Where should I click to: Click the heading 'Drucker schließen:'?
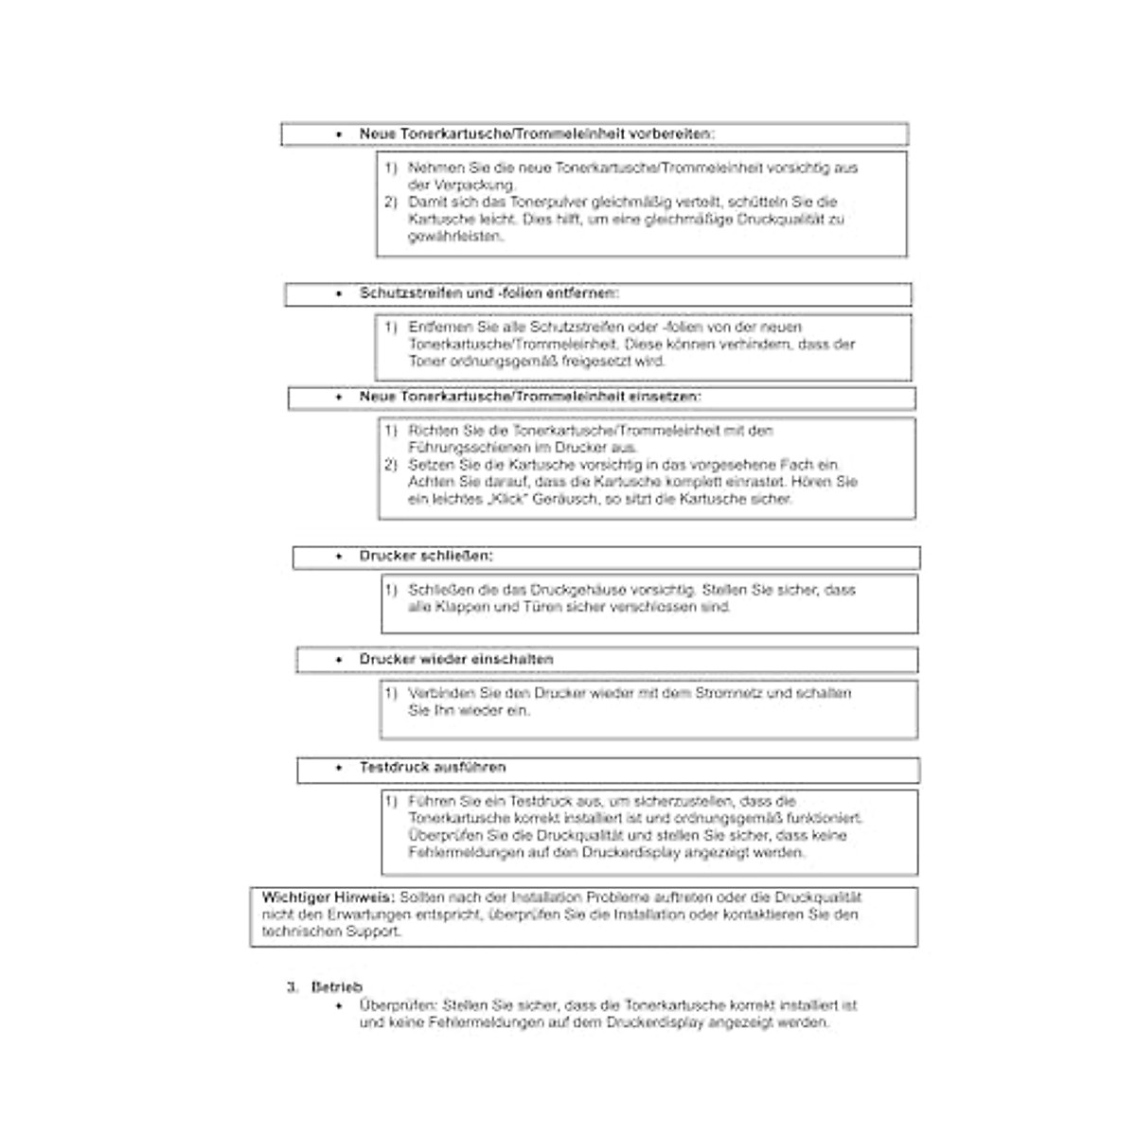pos(426,556)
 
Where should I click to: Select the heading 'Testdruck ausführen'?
pos(433,768)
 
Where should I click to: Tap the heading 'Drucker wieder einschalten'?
pos(456,659)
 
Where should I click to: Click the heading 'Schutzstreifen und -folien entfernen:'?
pos(489,293)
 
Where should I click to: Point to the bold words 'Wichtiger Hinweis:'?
pos(328,897)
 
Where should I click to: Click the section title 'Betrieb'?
pos(336,986)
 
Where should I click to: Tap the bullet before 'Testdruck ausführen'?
pos(340,768)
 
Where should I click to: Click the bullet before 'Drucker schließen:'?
pos(340,557)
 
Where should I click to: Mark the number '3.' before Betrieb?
pos(293,986)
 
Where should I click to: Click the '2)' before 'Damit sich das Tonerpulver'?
pos(391,203)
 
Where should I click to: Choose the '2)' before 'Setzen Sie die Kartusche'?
pos(391,465)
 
